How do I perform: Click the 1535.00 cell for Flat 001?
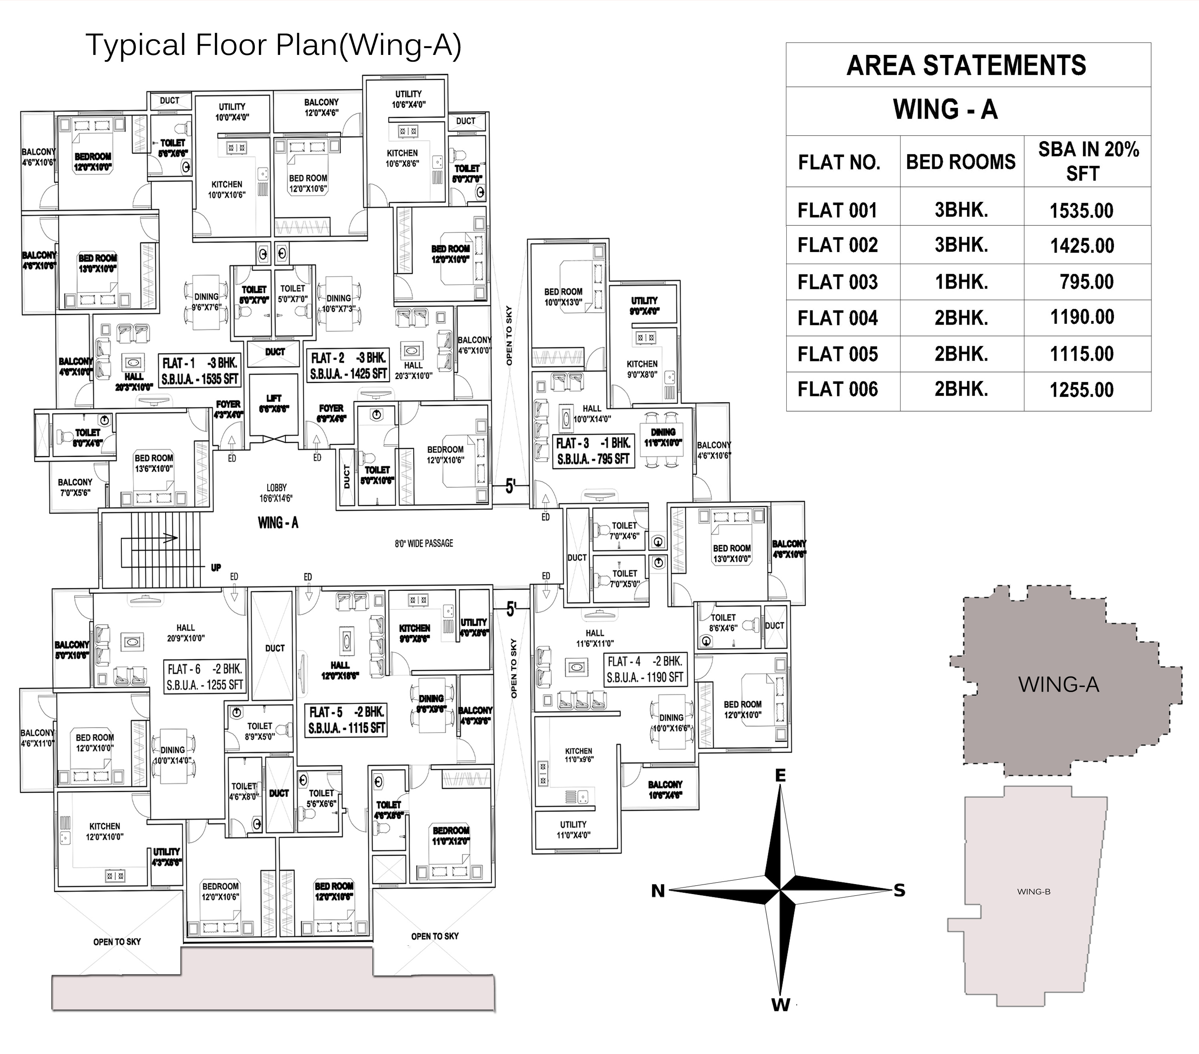1081,210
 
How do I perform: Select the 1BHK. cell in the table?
961,282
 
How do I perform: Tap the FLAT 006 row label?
837,390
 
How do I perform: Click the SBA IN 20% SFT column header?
1088,161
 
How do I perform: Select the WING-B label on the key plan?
1033,892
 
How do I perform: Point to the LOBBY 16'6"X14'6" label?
276,493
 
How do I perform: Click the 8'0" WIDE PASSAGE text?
424,544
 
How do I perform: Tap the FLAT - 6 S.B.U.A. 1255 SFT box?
205,677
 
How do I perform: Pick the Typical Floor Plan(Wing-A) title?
273,45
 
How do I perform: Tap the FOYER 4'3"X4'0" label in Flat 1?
228,409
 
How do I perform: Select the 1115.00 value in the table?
1081,354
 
